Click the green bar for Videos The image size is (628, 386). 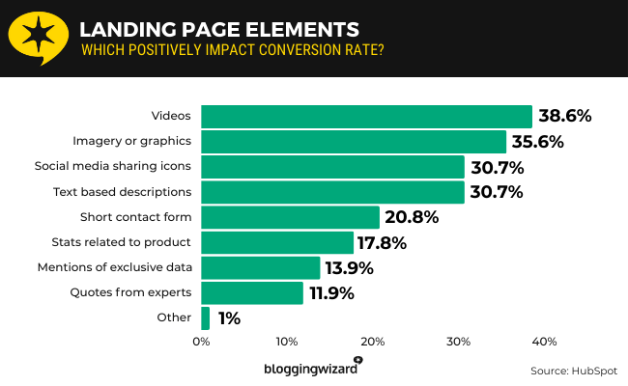[x=366, y=117]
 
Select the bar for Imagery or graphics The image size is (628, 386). [x=354, y=142]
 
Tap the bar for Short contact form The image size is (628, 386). [x=290, y=217]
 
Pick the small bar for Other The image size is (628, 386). [x=205, y=317]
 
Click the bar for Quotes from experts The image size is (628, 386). [x=252, y=292]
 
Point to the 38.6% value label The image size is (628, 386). [x=564, y=117]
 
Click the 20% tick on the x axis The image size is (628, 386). [x=373, y=342]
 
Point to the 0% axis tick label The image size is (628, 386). [x=201, y=342]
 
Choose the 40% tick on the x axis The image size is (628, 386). [x=544, y=342]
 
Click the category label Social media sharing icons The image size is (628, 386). [x=112, y=167]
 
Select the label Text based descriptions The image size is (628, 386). [x=122, y=192]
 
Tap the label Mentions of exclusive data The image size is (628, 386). [x=115, y=267]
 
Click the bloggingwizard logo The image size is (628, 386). [x=312, y=368]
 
